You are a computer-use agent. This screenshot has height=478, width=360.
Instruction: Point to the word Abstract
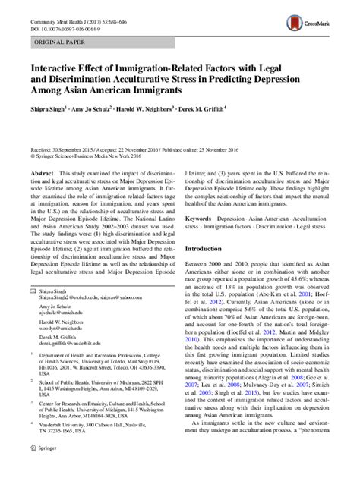41,173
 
